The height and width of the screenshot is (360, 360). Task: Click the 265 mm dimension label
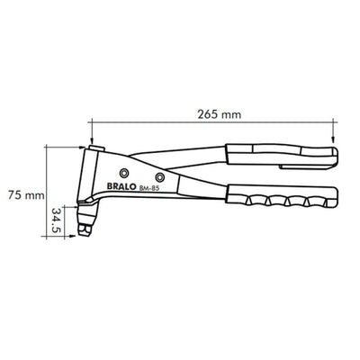(220, 114)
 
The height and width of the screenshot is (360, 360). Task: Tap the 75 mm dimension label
(26, 195)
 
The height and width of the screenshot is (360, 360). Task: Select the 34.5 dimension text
(56, 220)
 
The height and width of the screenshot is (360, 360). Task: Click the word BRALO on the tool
(121, 186)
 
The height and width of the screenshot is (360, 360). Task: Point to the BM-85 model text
(149, 188)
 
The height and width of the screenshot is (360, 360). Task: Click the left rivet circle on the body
(123, 173)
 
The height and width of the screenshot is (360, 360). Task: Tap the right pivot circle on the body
(160, 177)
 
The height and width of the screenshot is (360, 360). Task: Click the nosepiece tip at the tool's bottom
(85, 230)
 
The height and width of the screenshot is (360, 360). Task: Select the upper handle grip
(282, 155)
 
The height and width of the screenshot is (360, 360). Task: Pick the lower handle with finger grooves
(282, 195)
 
